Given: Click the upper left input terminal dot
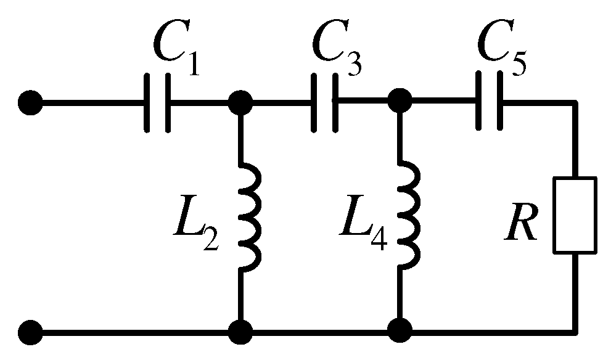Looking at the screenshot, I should point(30,102).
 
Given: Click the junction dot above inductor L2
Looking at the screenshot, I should point(239,102).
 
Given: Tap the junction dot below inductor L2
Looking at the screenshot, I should point(239,332).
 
